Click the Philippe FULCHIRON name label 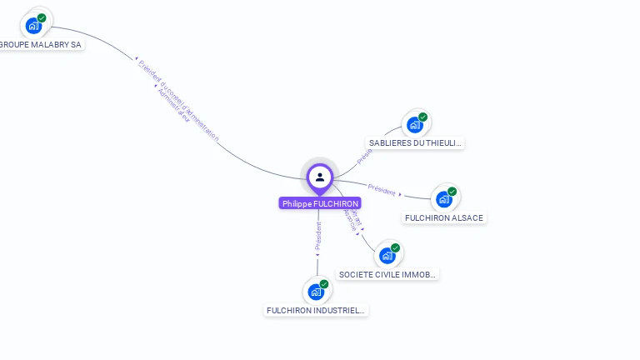coord(320,203)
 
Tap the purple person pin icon coord(320,177)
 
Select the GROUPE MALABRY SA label coord(40,44)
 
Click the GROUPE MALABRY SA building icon coord(33,25)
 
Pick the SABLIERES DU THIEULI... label coord(415,143)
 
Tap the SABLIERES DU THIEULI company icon coord(415,125)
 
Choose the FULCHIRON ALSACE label coord(443,218)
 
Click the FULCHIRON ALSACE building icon coord(444,199)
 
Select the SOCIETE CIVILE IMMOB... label coord(387,274)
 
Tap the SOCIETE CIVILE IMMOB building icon coord(387,255)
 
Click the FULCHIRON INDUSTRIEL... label coord(316,311)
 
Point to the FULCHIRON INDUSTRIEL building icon coord(316,292)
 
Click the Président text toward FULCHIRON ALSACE coord(382,189)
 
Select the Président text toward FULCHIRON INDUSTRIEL coord(318,236)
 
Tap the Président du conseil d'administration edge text coord(178,100)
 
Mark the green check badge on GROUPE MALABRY coord(42,17)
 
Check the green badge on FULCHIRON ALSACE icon coord(452,192)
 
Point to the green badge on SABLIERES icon coord(423,117)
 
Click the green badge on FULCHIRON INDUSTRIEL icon coord(324,284)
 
